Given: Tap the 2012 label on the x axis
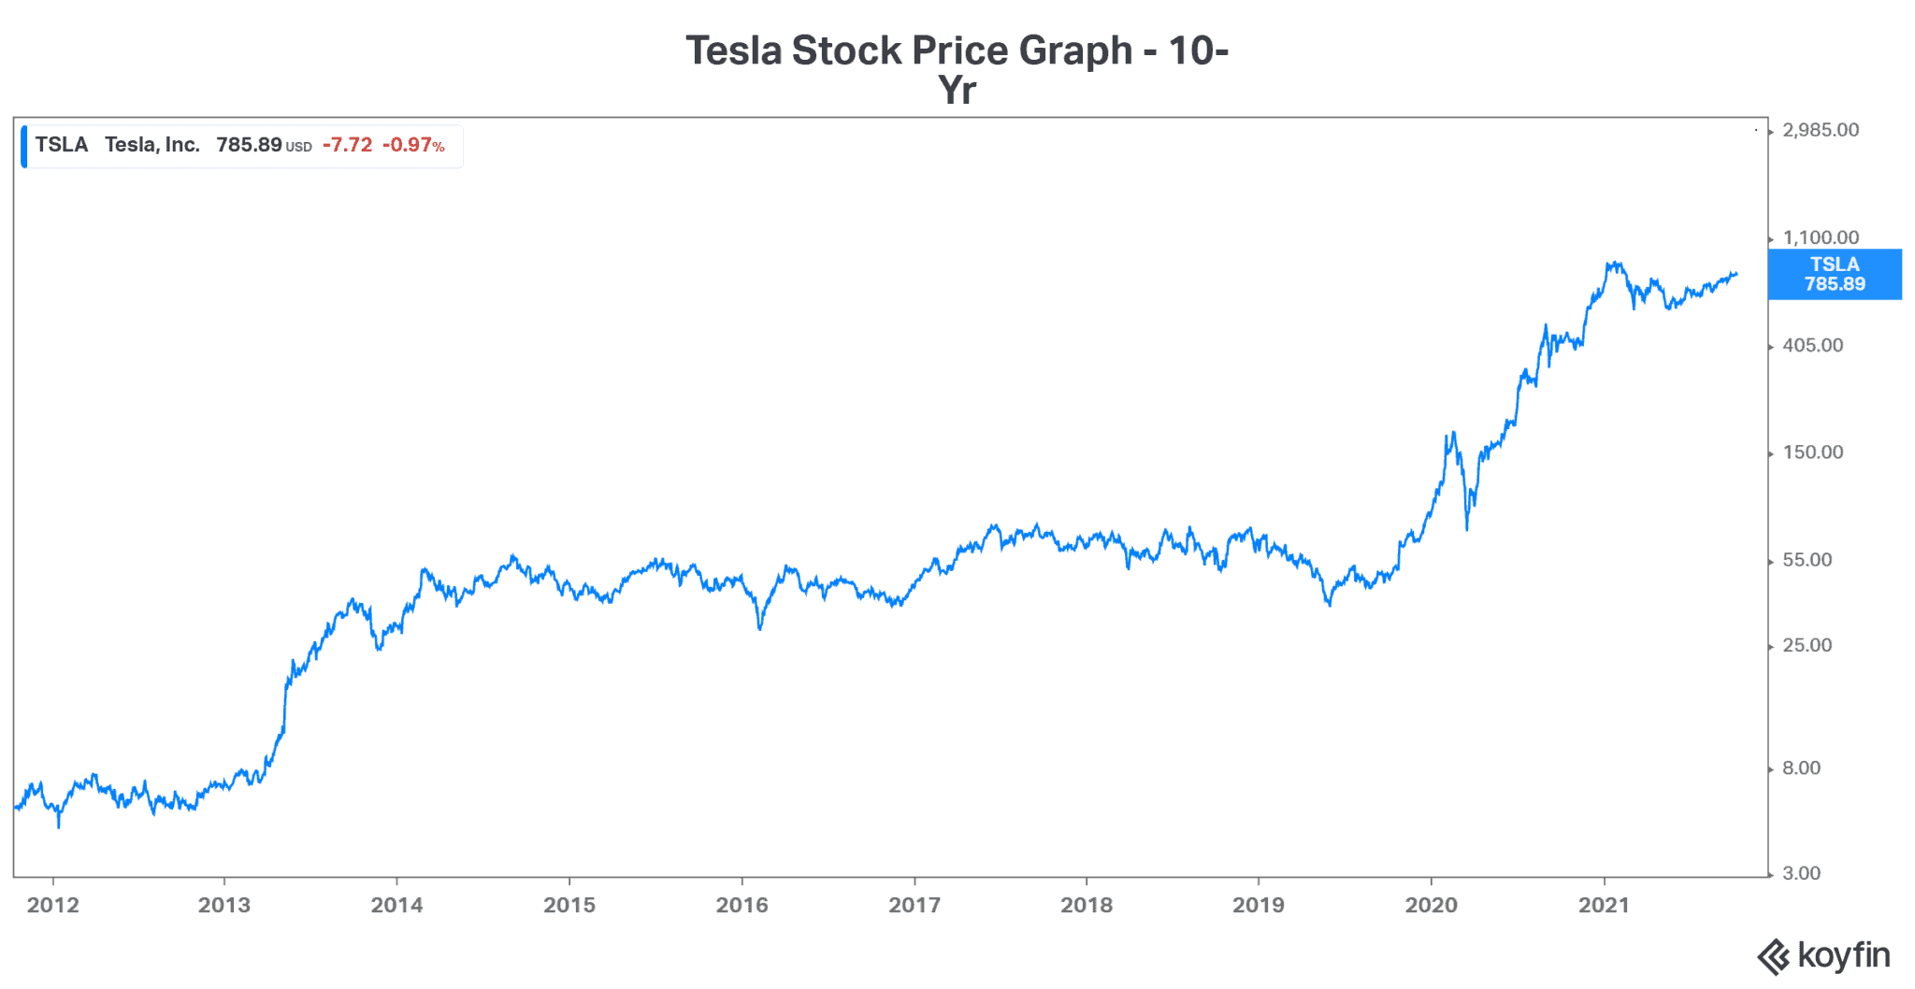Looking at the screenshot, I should pos(53,905).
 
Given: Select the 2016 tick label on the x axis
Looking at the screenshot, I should pos(742,905).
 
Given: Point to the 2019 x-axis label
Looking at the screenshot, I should pos(1258,905).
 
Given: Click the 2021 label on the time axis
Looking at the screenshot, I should pos(1604,905).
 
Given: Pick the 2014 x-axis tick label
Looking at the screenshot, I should pos(396,905).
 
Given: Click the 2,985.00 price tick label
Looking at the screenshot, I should pos(1820,130).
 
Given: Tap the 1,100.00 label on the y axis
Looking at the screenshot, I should pos(1820,237).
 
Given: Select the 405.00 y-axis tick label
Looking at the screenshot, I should pos(1812,345).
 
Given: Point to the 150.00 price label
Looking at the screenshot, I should pos(1812,452).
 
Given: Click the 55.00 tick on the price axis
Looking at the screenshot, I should pos(1807,560).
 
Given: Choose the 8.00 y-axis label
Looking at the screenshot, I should pos(1801,768).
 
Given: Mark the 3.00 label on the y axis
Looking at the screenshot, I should pos(1801,873).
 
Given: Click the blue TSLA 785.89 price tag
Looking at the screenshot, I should pos(1834,274).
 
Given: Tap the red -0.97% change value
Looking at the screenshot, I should pos(413,145).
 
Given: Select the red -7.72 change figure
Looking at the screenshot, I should pos(347,145).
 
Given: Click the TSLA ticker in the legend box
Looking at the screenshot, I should pos(62,145).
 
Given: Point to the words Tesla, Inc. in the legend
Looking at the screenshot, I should pos(151,145).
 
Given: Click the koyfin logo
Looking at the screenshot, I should pos(1823,956).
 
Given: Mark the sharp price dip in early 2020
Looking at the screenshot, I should pos(1466,527).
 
